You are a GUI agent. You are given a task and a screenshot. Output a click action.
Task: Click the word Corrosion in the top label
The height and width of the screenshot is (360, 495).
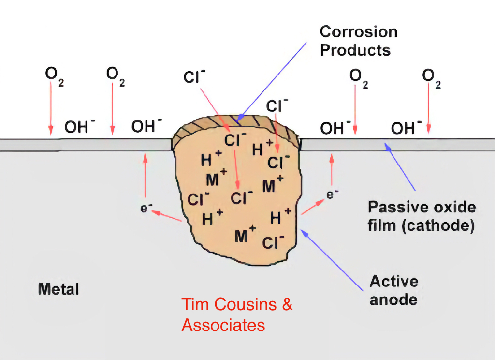click(359, 32)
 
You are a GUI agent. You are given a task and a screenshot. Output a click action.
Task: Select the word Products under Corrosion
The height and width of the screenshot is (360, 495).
click(355, 50)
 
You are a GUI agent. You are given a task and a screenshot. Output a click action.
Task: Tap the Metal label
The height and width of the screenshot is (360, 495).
click(58, 289)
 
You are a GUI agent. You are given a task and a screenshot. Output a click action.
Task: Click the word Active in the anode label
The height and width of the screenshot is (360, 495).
click(394, 282)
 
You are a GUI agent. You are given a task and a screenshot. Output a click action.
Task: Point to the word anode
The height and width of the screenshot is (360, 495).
click(393, 300)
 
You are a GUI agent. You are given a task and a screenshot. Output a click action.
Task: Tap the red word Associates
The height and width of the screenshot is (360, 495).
click(223, 325)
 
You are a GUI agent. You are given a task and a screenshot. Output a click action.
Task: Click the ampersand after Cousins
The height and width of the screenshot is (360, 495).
click(287, 304)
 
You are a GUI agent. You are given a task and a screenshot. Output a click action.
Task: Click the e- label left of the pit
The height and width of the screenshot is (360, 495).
click(146, 209)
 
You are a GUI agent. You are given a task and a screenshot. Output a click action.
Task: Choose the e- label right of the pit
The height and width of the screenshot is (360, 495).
click(332, 195)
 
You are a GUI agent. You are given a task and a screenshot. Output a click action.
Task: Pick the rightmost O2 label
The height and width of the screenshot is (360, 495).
click(431, 77)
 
